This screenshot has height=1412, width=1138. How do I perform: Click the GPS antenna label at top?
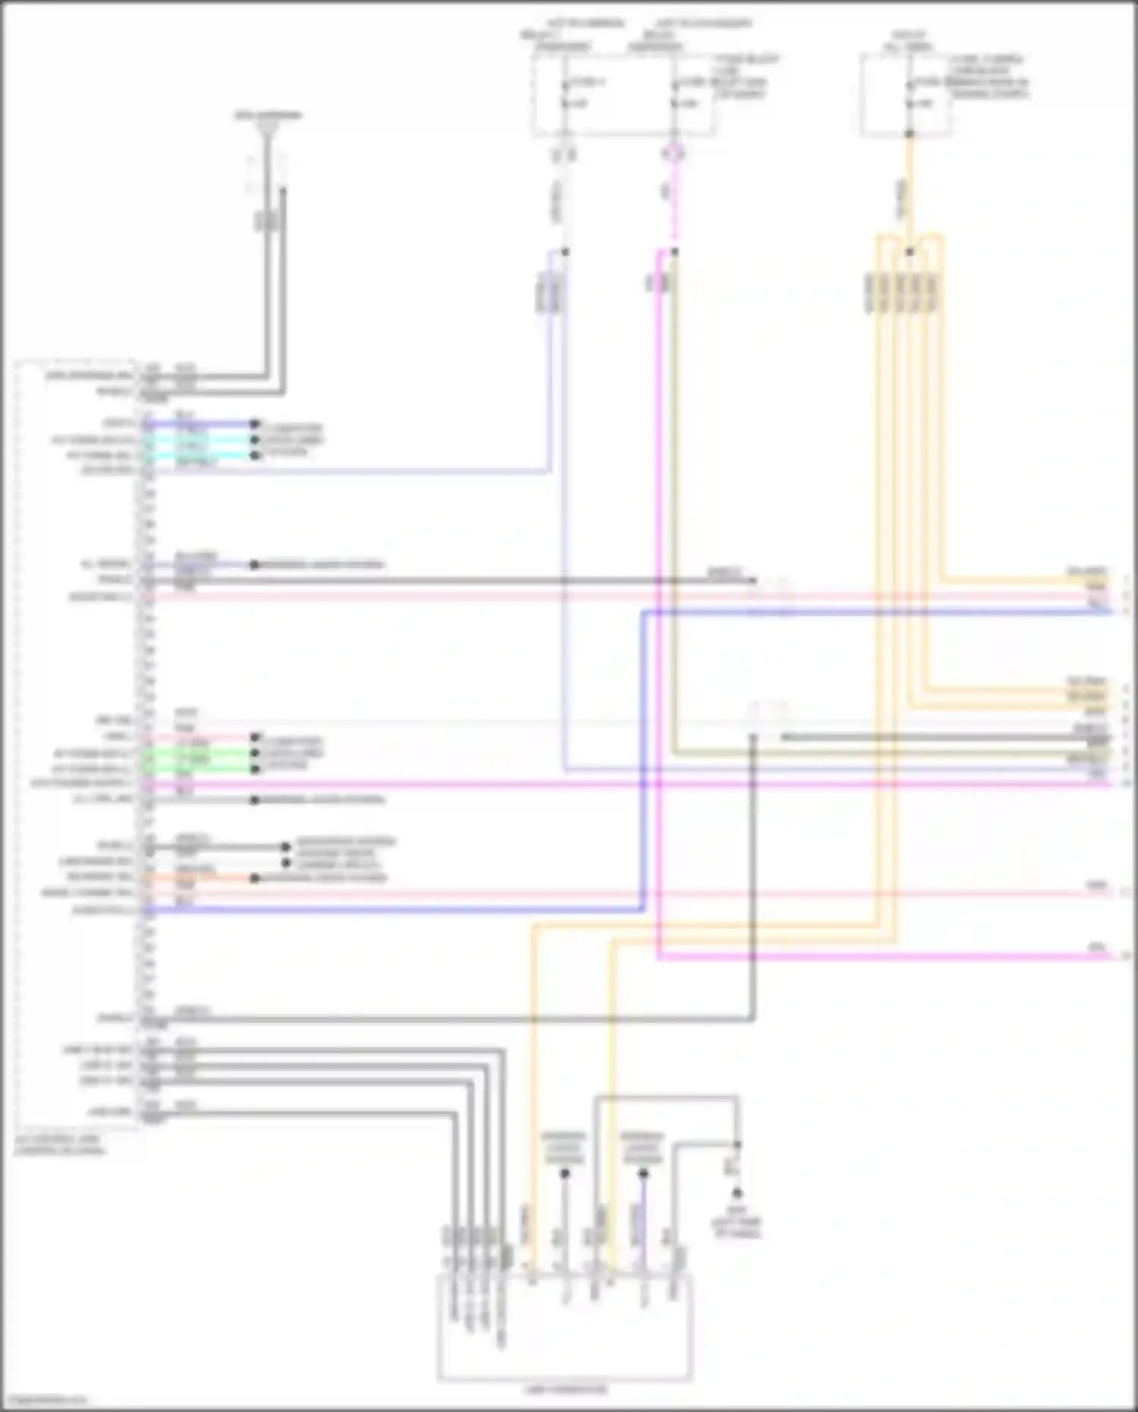[267, 116]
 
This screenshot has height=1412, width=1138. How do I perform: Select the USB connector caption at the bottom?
[564, 1389]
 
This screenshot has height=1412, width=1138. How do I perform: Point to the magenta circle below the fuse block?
[674, 154]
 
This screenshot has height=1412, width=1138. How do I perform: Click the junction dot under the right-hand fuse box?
[910, 135]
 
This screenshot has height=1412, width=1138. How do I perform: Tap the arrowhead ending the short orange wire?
[255, 879]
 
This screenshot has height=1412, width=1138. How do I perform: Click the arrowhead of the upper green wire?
[255, 754]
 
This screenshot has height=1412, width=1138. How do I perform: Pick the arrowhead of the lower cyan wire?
[255, 455]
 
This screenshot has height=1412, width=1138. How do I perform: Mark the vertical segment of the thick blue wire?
[643, 759]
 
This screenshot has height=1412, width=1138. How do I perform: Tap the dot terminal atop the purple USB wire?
[643, 1174]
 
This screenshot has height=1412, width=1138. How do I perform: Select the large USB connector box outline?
[564, 1328]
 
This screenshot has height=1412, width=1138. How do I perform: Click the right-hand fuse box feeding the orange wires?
[906, 95]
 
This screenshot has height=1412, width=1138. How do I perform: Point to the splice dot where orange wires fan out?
[910, 253]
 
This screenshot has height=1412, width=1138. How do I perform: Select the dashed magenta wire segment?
[674, 205]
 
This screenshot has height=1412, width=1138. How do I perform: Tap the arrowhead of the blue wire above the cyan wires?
[255, 424]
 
